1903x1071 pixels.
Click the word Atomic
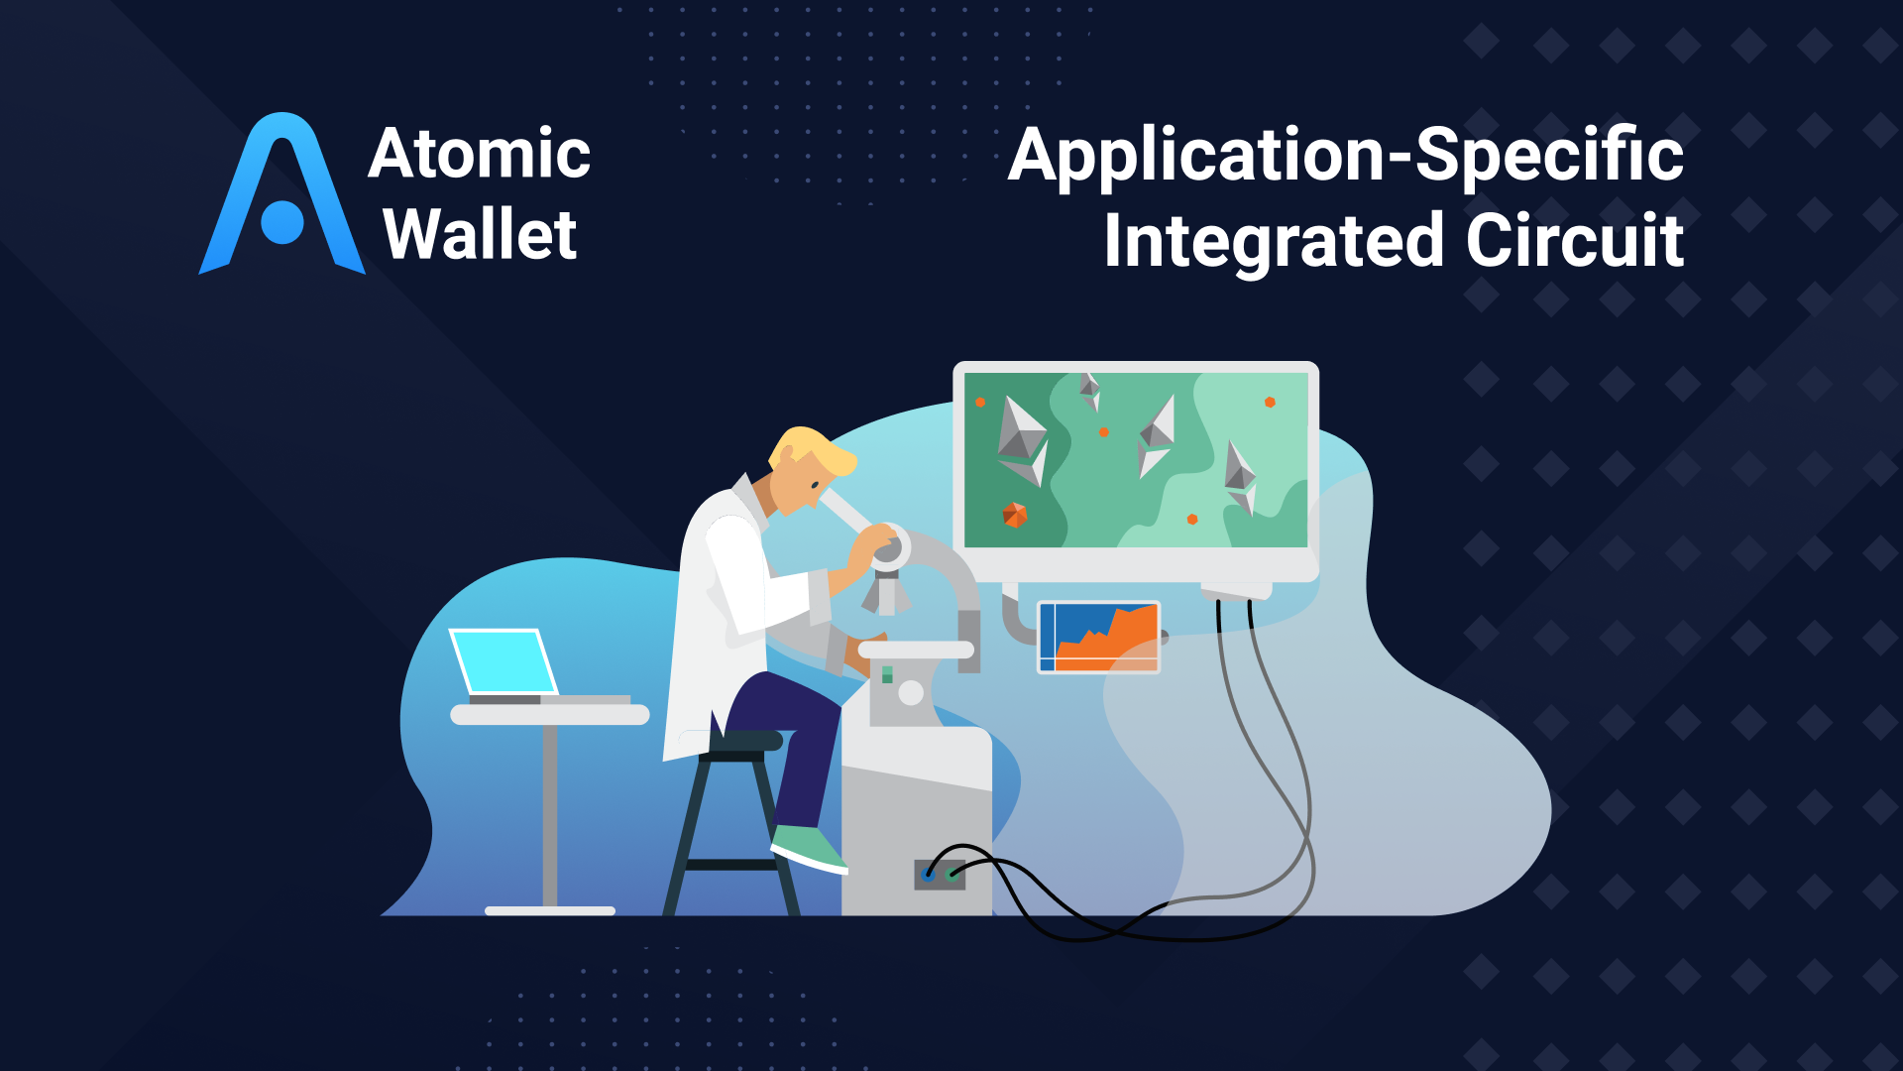coord(479,154)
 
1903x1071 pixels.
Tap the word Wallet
coord(479,235)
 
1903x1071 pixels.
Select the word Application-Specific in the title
coord(1345,156)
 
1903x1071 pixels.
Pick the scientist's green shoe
coord(808,848)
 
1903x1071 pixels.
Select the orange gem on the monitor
coord(1014,515)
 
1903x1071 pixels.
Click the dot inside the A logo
coord(282,222)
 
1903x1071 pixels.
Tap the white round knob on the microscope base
coord(910,693)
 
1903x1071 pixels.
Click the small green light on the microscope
coord(887,674)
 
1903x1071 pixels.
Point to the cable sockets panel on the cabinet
coord(940,875)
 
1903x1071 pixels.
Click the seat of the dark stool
coord(743,740)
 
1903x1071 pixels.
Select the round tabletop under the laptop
coord(550,715)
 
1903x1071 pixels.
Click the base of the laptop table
coord(550,910)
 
